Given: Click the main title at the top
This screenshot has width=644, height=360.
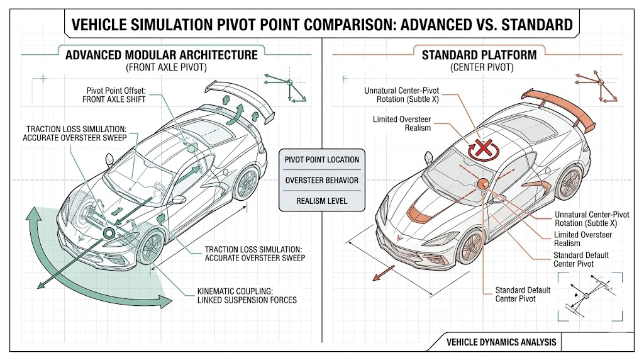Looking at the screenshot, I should (322, 25).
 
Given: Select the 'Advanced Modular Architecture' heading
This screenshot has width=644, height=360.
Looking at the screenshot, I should (162, 55).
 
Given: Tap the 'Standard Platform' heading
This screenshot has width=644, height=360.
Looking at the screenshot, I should (479, 55).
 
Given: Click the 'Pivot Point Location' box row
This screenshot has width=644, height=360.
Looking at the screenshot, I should (321, 160).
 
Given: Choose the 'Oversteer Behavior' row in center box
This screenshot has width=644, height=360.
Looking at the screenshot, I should (321, 181).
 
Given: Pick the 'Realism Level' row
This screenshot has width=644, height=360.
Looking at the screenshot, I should (321, 201).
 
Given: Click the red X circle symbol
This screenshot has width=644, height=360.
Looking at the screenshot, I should (482, 149).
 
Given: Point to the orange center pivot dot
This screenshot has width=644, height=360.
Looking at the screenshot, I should (483, 184).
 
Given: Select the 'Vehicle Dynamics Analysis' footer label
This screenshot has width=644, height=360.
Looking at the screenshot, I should (501, 342).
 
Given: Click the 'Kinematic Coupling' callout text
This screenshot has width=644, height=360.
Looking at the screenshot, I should (247, 295).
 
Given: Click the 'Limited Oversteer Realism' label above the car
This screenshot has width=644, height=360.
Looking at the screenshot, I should (402, 123).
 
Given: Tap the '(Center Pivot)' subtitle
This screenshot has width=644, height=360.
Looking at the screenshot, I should (479, 67).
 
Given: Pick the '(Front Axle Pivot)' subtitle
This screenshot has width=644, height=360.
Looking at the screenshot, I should (162, 67).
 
